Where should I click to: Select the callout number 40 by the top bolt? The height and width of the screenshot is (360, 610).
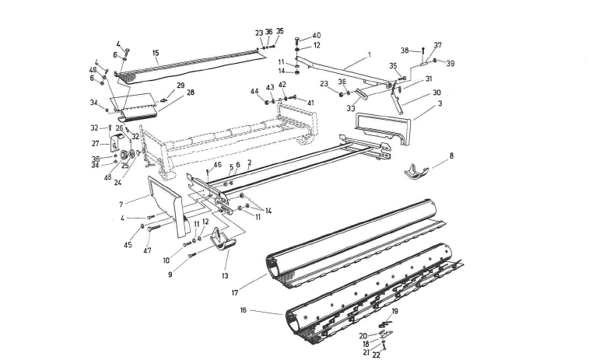tap(316, 36)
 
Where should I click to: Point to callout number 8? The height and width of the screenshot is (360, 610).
tap(451, 156)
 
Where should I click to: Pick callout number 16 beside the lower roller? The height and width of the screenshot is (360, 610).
tap(243, 309)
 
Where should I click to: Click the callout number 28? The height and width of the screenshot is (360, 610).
tap(190, 93)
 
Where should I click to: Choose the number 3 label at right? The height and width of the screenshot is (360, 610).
tap(440, 103)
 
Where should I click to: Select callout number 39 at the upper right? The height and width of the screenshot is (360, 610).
tap(450, 63)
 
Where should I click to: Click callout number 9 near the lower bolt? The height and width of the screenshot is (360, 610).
tap(169, 274)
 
